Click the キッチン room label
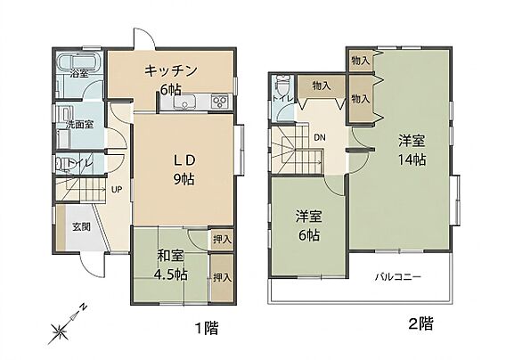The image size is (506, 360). (x=170, y=70)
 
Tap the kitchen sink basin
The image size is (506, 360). (x=185, y=103)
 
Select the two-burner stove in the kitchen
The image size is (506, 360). (x=219, y=102)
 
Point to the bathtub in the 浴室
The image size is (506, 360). (x=80, y=61)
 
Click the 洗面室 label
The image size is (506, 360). (x=79, y=125)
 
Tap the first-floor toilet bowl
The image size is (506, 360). (x=63, y=163)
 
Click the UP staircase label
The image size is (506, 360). (x=117, y=190)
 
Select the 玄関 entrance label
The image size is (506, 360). (x=81, y=227)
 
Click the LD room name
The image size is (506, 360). (x=185, y=160)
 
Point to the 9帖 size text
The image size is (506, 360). (x=184, y=179)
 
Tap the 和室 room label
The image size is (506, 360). (x=170, y=256)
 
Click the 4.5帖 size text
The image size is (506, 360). (x=170, y=274)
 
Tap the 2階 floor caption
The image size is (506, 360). (x=420, y=323)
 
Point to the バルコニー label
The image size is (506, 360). (x=398, y=277)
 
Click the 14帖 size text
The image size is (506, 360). (x=412, y=160)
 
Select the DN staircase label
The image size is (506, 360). (x=320, y=138)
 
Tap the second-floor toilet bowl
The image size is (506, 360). (x=283, y=85)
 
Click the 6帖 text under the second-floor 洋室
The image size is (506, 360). (x=309, y=236)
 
